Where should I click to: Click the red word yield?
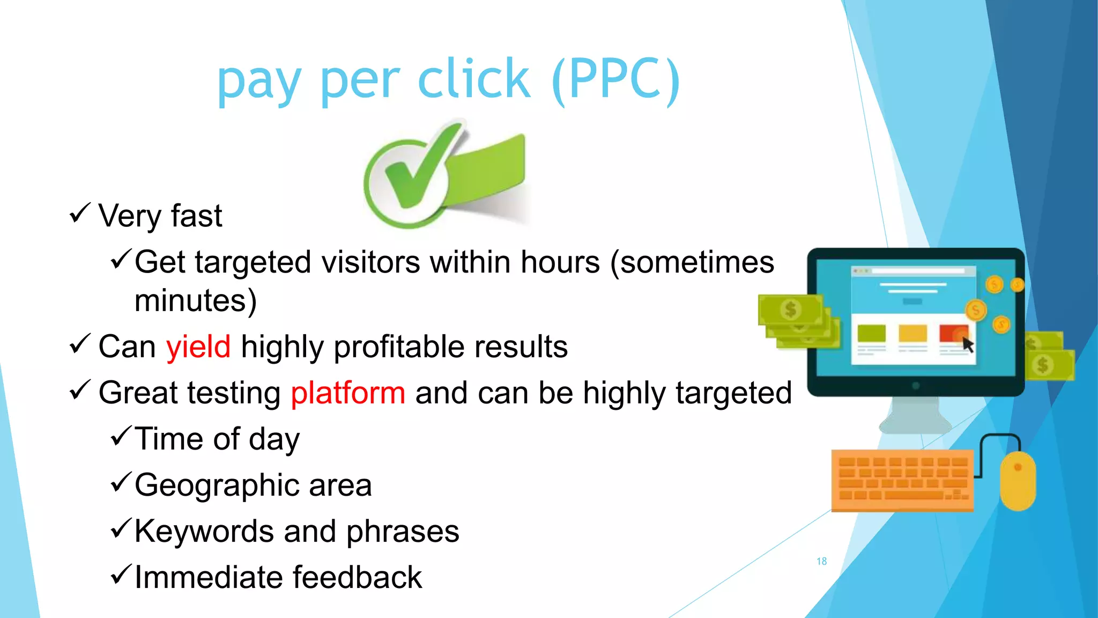[198, 347]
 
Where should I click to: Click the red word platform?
[347, 393]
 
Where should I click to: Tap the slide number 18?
[821, 561]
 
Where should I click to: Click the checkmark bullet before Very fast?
[79, 214]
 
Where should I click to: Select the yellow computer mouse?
[1017, 480]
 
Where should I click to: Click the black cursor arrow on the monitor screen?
[967, 344]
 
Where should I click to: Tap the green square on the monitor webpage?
[871, 333]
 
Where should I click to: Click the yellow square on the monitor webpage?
[912, 333]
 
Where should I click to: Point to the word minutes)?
[195, 300]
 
